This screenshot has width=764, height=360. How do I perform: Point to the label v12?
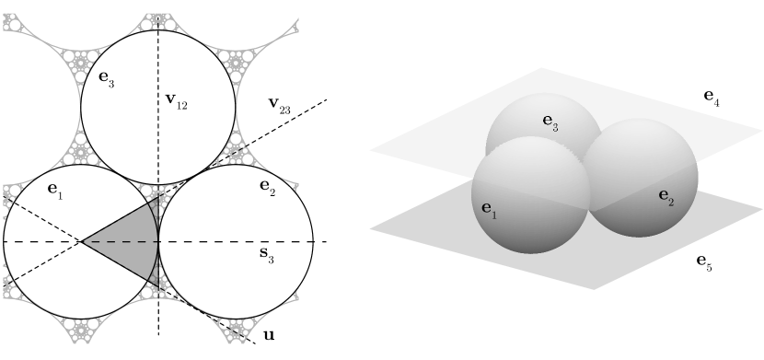coord(177,100)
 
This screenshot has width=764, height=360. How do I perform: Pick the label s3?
coord(266,256)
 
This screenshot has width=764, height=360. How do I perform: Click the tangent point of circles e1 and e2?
coord(158,241)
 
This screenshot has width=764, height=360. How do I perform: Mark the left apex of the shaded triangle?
coord(82,241)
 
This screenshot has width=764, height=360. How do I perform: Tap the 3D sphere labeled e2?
coord(644,180)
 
